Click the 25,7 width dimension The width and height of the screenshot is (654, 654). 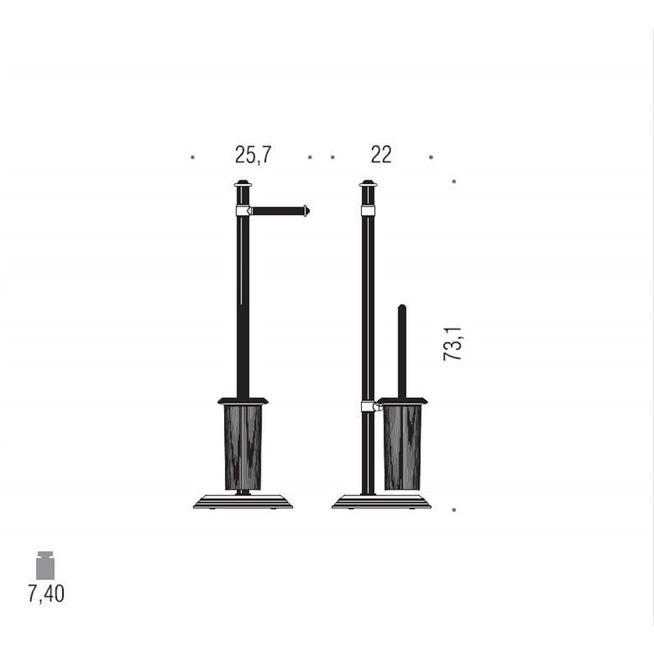253,155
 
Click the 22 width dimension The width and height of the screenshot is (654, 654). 381,154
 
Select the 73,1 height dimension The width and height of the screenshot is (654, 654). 453,344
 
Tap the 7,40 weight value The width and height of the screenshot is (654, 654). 46,594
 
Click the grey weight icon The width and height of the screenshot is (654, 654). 45,565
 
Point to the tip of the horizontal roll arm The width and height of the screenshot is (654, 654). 309,211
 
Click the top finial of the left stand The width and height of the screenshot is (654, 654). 242,183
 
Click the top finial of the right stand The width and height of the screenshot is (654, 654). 368,183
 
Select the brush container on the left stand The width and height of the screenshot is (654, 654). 242,447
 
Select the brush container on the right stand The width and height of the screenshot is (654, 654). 403,447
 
